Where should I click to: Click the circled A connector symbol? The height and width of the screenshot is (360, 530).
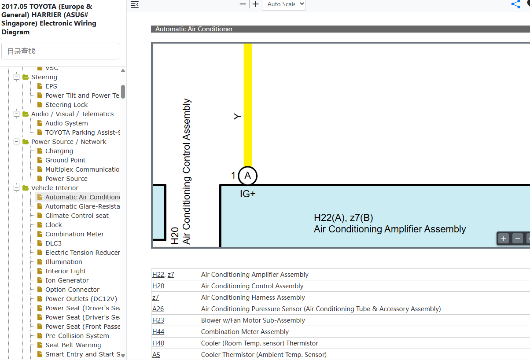247,176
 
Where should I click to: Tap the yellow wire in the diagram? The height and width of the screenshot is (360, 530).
247,105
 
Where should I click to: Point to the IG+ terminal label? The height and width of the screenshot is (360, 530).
247,194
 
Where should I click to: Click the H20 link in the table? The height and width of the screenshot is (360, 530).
158,286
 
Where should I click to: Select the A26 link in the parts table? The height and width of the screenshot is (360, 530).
158,309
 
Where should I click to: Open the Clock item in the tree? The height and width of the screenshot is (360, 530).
53,225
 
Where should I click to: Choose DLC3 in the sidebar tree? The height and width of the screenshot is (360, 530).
53,243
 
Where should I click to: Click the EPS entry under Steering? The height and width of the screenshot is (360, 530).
51,86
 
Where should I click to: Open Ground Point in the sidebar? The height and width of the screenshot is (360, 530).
65,160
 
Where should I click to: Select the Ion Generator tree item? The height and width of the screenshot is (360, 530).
67,280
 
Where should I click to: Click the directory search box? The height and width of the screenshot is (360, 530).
60,51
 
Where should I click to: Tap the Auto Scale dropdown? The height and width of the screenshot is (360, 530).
284,4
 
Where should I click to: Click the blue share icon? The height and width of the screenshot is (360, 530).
516,4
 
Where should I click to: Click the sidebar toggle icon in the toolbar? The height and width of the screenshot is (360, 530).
135,4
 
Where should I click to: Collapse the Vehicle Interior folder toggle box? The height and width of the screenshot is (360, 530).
16,188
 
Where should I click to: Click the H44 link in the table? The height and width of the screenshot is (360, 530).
158,332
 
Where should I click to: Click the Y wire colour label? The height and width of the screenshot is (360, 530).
237,116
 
